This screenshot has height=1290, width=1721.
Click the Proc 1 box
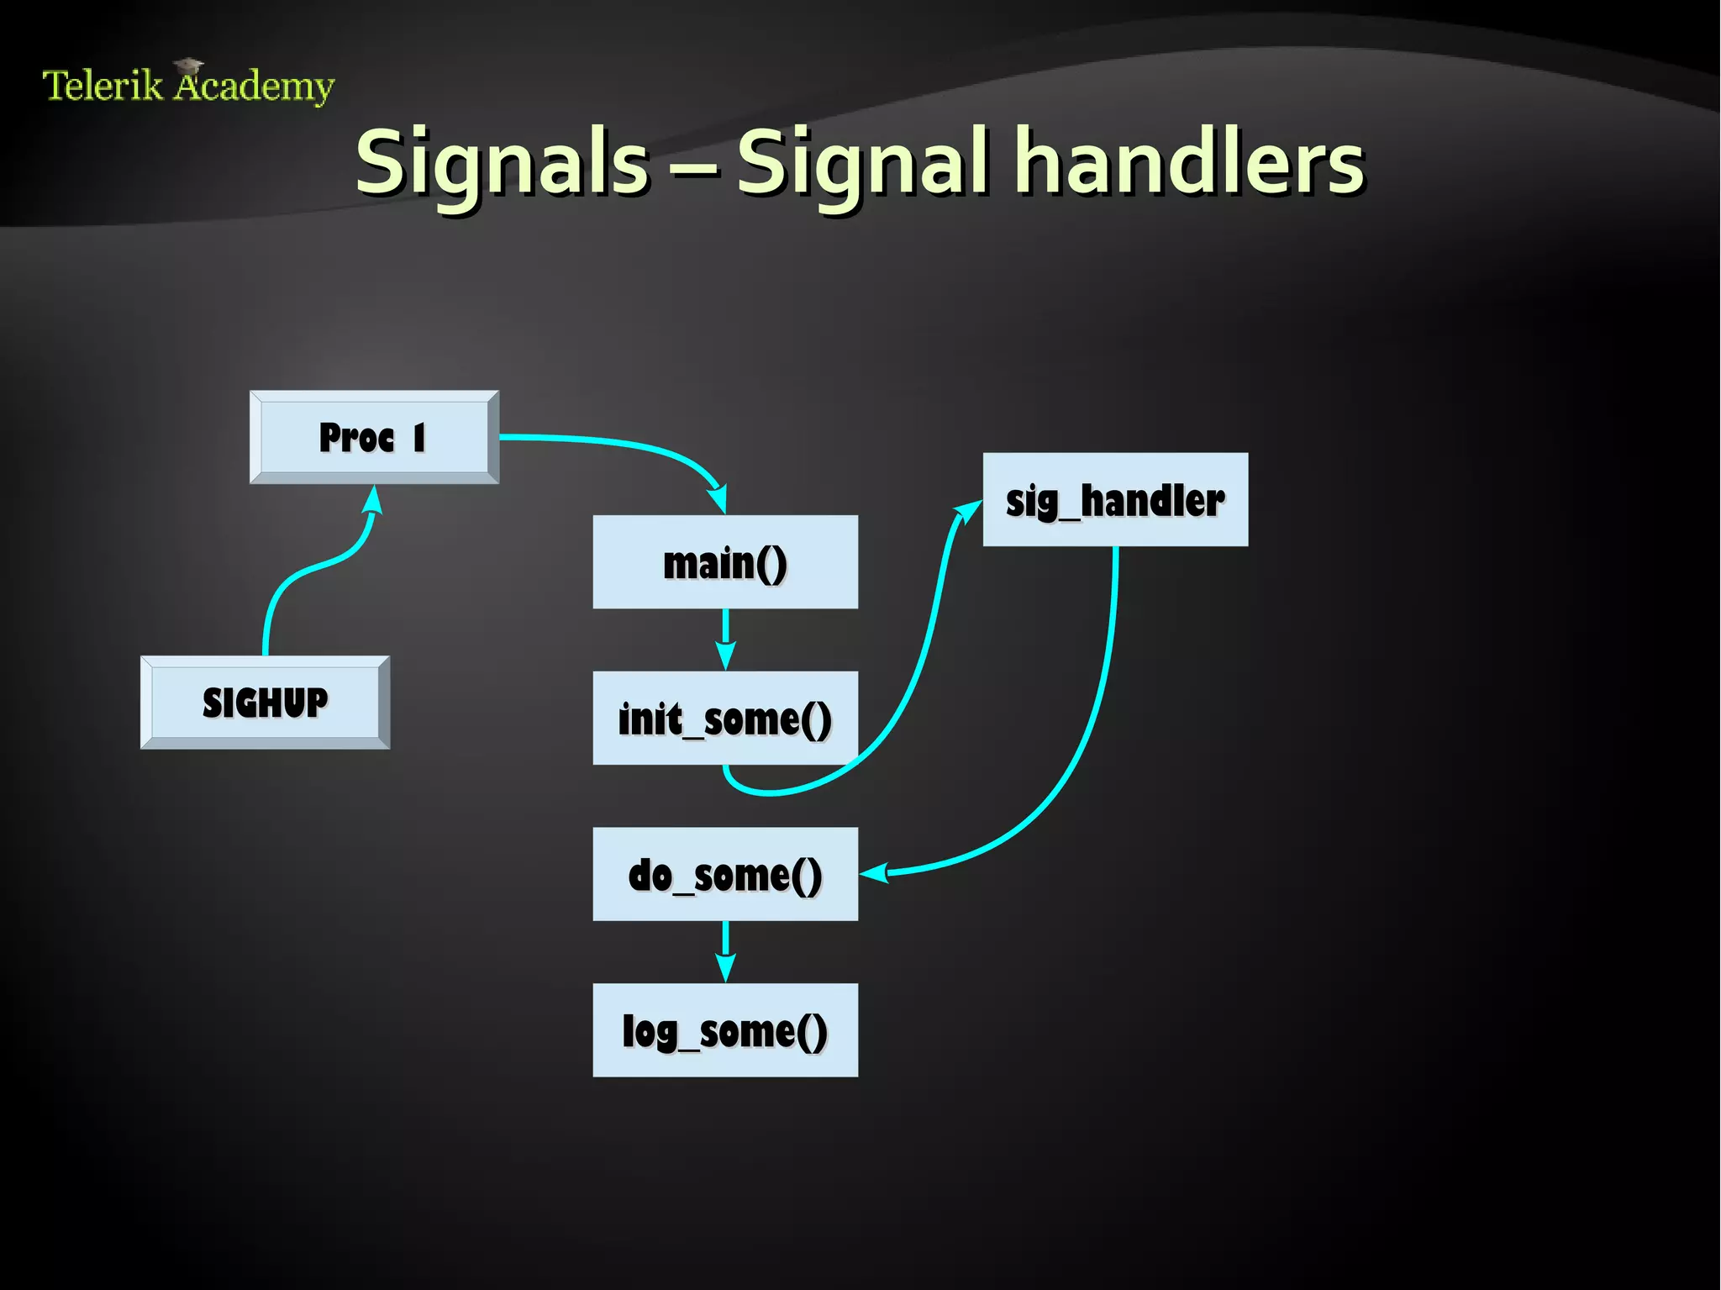click(374, 437)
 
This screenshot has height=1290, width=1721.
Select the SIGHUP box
click(265, 703)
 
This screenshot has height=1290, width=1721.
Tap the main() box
click(725, 562)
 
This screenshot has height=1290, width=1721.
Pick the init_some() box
click(725, 718)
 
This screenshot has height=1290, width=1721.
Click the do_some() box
click(725, 874)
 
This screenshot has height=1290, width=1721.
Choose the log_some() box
click(725, 1030)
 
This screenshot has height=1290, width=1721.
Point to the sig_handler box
click(1115, 500)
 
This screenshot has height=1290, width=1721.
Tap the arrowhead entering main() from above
click(718, 499)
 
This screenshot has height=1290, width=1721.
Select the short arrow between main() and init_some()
click(725, 640)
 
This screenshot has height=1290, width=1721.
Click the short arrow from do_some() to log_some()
click(725, 952)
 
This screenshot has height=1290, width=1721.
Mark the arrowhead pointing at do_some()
click(874, 873)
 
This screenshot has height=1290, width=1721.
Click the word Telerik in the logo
click(102, 86)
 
